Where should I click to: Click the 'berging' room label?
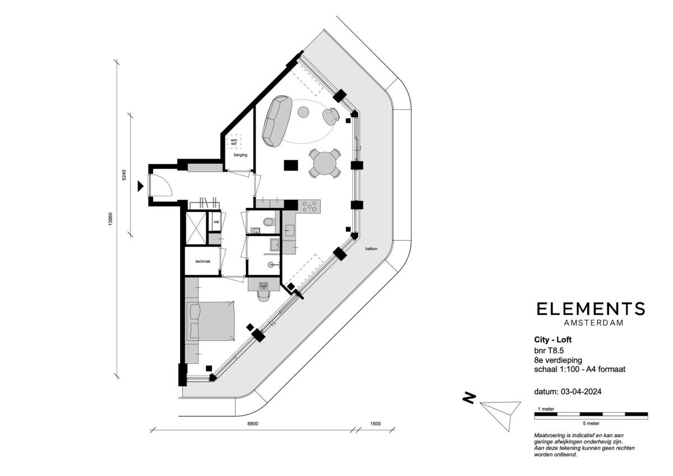(x=241, y=155)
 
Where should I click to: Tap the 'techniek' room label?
(x=203, y=261)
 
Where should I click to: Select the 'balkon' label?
(x=371, y=249)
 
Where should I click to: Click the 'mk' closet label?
(x=216, y=222)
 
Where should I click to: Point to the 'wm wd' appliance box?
(x=234, y=142)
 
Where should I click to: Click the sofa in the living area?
(x=276, y=121)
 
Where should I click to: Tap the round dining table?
(x=325, y=164)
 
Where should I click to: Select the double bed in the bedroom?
(x=211, y=321)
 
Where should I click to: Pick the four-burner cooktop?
(x=310, y=206)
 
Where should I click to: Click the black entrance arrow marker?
(x=140, y=186)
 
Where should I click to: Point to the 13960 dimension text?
(x=110, y=219)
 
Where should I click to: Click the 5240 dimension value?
(x=124, y=175)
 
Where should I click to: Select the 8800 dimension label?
(x=252, y=424)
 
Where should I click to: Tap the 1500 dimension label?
(x=375, y=424)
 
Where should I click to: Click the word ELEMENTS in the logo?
(x=591, y=309)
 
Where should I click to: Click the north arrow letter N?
(x=469, y=398)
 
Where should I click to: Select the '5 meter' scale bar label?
(x=591, y=423)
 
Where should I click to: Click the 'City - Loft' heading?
(x=553, y=340)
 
